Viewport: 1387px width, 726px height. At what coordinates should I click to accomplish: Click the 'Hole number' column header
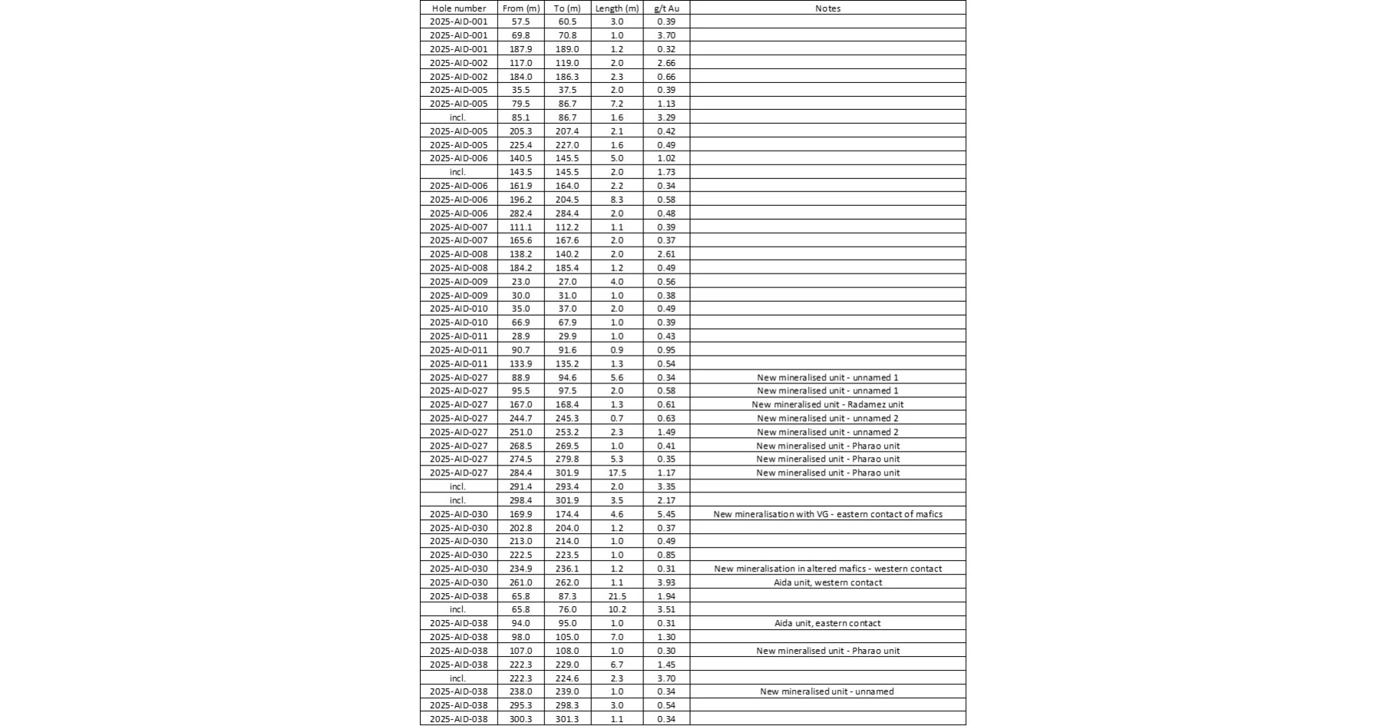coord(458,8)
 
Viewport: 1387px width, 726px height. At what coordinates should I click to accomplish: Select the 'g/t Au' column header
coord(666,8)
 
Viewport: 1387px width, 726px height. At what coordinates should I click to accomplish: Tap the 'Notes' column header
coord(827,8)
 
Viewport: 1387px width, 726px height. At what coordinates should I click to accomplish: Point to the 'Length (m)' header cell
coord(616,8)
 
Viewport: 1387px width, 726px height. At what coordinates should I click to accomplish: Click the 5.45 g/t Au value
coord(666,514)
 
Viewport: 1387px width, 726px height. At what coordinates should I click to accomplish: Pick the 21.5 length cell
coord(616,596)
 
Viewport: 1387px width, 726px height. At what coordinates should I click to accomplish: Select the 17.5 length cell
coord(616,472)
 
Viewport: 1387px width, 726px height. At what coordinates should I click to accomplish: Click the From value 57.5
coord(520,22)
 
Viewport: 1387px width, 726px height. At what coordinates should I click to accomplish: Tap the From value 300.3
coord(520,719)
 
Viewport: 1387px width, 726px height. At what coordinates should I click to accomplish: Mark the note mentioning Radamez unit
coord(827,404)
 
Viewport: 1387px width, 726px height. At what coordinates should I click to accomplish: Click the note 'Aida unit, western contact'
coord(827,582)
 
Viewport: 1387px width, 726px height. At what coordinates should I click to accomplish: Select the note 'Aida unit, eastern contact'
coord(827,623)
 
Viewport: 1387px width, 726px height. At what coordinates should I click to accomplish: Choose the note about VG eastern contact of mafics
coord(827,514)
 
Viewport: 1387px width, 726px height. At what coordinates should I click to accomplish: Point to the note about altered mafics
coord(827,569)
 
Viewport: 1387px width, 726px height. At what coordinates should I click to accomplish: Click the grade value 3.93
coord(666,582)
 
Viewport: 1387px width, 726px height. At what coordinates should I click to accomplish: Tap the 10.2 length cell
coord(616,609)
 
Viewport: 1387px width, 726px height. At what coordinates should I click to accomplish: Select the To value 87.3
coord(567,596)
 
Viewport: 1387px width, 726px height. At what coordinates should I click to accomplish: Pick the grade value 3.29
coord(666,118)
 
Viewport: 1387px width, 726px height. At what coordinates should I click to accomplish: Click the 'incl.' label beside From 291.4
coord(458,486)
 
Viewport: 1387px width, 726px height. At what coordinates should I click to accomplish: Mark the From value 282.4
coord(520,213)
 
